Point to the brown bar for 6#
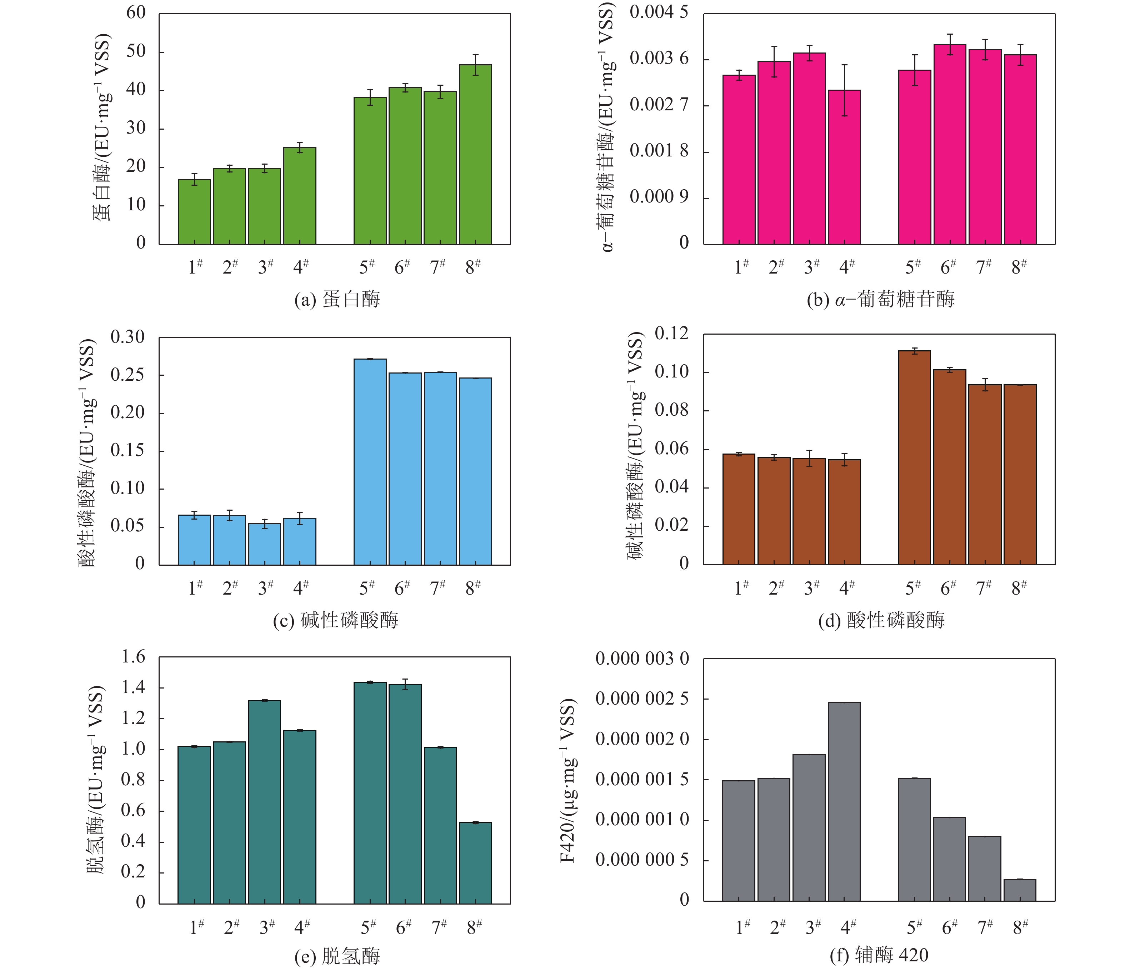[950, 467]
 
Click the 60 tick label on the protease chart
[136, 12]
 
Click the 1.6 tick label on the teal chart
[133, 657]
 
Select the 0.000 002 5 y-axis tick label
[642, 699]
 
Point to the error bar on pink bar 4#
[844, 90]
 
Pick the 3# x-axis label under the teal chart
[266, 927]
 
